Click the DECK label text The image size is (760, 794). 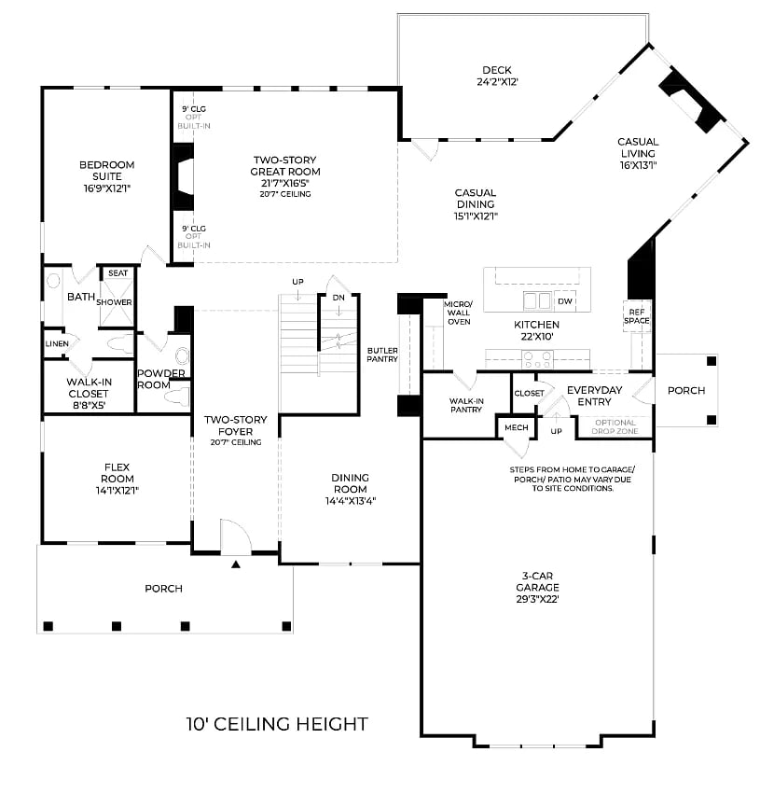click(496, 70)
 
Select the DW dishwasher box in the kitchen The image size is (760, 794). click(564, 301)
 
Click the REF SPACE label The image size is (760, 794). click(638, 316)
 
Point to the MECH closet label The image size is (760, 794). click(516, 427)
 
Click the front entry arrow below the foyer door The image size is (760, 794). click(236, 564)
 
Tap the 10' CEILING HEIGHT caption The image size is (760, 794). click(277, 724)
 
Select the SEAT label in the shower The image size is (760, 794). click(117, 273)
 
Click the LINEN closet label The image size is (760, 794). click(56, 343)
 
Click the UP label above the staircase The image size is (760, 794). click(297, 282)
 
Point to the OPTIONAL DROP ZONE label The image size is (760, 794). click(615, 426)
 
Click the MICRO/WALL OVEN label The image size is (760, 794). click(458, 313)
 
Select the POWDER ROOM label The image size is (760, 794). click(161, 379)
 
